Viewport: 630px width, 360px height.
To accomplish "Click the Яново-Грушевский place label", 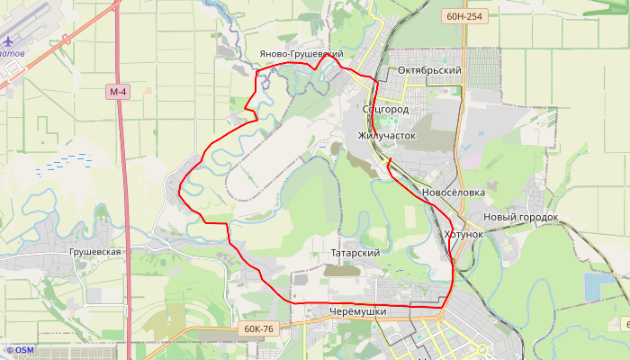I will (x=301, y=54).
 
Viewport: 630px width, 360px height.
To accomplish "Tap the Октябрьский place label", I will (x=429, y=70).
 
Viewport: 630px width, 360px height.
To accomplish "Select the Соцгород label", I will (x=385, y=109).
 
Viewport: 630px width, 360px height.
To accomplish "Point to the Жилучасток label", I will (x=387, y=135).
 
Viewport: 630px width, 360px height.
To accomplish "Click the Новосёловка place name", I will (x=454, y=193).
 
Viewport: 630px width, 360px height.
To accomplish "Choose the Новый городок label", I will (x=520, y=217).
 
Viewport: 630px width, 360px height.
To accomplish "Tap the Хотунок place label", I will (x=463, y=234).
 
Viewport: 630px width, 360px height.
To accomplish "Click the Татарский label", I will (x=355, y=254).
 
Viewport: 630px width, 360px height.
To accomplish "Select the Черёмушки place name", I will (x=358, y=311).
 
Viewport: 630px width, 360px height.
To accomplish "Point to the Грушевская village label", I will (x=94, y=252).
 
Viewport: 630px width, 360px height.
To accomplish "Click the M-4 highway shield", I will (x=118, y=92).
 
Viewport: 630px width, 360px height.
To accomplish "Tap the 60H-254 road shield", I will (x=465, y=16).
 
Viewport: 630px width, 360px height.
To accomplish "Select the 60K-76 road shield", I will (x=258, y=329).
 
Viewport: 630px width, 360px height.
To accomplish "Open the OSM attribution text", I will (x=19, y=350).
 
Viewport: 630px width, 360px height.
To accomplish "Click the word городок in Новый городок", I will (x=536, y=217).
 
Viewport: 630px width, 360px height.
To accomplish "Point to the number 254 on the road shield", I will (x=476, y=16).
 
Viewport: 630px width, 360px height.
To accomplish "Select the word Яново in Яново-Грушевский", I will (x=274, y=54).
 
